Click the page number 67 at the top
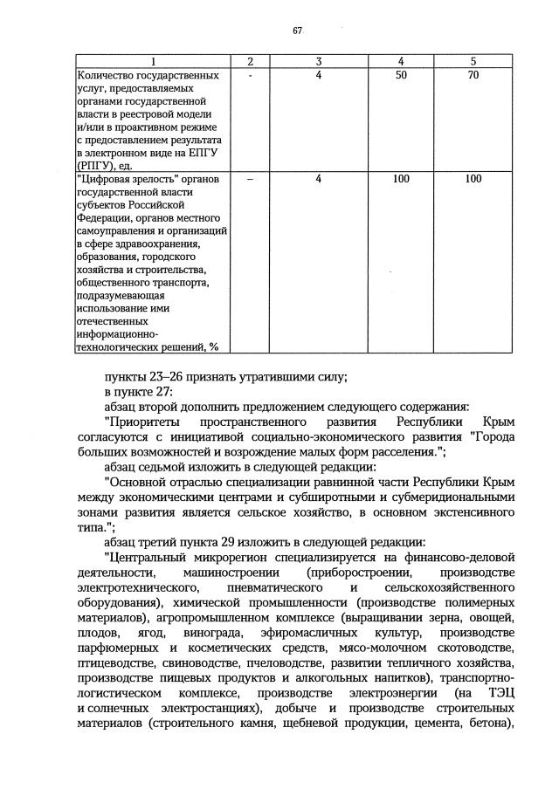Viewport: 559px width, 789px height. click(x=297, y=31)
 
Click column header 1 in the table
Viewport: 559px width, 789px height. click(x=153, y=61)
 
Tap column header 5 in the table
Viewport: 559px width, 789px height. click(x=473, y=61)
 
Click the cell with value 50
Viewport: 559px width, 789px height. click(x=401, y=76)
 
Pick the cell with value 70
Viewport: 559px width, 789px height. click(x=473, y=76)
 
